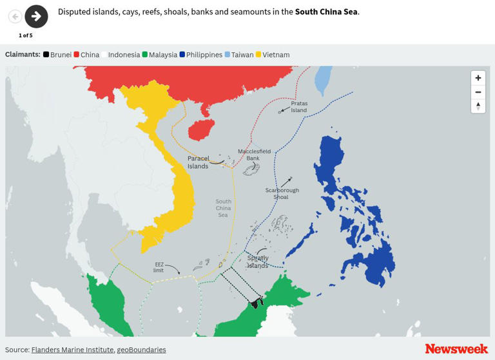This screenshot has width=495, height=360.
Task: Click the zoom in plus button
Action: (478, 78)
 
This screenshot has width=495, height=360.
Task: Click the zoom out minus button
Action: (478, 92)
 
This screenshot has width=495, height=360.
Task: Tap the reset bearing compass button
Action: (478, 106)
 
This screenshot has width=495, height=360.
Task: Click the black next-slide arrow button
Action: (36, 17)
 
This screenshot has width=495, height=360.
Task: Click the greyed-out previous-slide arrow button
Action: (15, 17)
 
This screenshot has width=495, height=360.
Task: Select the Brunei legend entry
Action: (57, 55)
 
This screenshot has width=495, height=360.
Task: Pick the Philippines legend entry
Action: (200, 55)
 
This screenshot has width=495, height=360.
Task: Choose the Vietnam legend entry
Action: (273, 55)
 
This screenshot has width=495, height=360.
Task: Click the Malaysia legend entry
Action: (159, 55)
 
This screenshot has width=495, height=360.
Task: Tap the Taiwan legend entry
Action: (239, 55)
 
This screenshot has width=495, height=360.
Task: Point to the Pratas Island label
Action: (299, 106)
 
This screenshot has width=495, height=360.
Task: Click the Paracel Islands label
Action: (199, 162)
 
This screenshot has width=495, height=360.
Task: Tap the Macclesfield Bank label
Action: (254, 155)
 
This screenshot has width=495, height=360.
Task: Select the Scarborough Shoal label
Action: (282, 193)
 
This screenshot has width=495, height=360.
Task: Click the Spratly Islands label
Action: (258, 261)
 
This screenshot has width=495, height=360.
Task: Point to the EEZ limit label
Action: (159, 267)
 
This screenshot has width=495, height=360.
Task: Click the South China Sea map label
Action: (223, 208)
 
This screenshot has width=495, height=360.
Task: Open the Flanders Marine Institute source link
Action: (72, 350)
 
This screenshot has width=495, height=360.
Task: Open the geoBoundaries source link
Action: (141, 350)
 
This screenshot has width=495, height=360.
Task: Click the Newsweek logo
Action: (456, 348)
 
